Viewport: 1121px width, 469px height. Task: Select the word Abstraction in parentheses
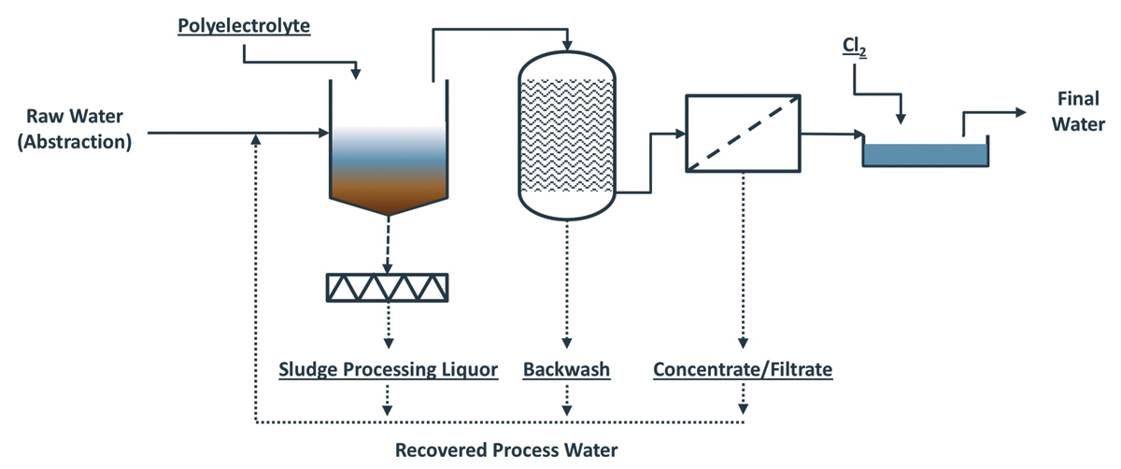[78, 142]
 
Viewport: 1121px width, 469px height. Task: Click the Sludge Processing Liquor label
[388, 370]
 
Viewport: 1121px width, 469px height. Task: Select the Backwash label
[566, 370]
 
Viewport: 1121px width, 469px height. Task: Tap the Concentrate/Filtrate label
[743, 370]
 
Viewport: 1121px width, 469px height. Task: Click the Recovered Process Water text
[505, 451]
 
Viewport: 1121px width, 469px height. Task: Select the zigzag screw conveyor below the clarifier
[387, 287]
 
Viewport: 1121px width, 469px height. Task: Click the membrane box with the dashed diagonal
[743, 133]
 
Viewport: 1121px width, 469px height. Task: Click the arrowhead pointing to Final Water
[1019, 112]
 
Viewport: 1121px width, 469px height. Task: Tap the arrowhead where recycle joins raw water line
[255, 139]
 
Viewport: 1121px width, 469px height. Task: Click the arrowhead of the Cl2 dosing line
[901, 118]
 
